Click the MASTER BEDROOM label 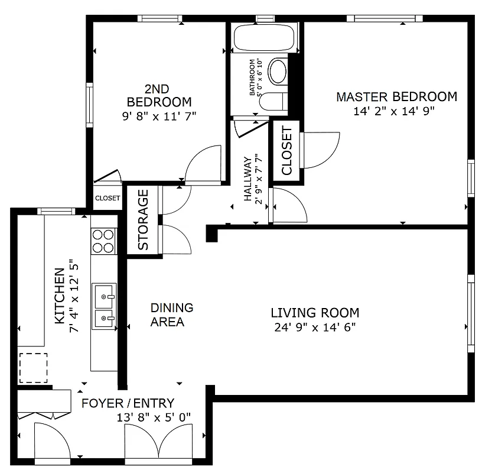[396, 96]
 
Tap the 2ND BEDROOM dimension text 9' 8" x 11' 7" [159, 116]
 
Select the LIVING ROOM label [315, 313]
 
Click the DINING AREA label [171, 315]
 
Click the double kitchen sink [104, 306]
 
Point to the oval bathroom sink [277, 71]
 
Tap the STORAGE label [143, 220]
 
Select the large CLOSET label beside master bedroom [286, 151]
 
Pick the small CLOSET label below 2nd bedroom [108, 199]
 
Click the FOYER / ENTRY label [128, 403]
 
